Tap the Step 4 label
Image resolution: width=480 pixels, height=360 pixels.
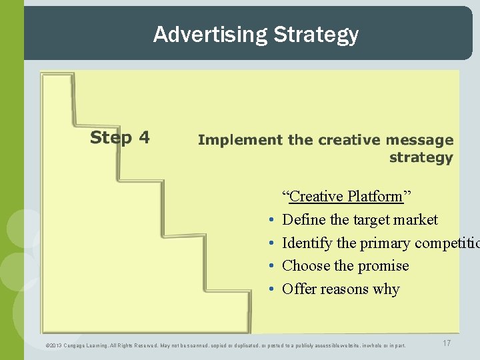tap(120, 138)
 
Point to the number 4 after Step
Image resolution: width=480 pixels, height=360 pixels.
tap(144, 138)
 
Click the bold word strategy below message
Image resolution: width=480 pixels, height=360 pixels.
tap(421, 158)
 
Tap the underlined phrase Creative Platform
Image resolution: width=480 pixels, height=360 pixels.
tap(346, 197)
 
